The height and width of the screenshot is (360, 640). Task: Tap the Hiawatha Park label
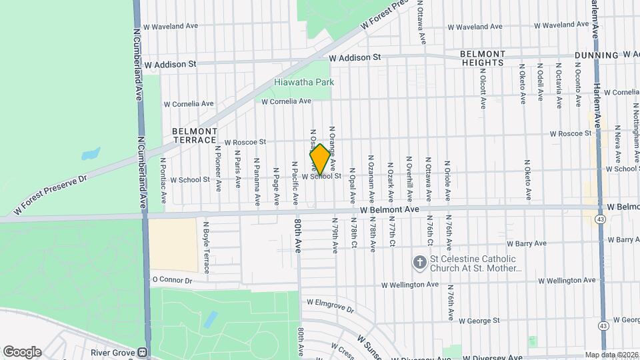(304, 82)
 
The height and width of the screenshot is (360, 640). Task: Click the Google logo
(22, 352)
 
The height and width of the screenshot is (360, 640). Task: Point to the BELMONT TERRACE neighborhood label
(195, 135)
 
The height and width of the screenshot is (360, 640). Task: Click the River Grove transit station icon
(143, 352)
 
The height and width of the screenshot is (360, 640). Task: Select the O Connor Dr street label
(172, 280)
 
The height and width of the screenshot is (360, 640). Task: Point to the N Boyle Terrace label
(206, 247)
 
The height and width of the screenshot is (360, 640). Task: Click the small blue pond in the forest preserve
(90, 154)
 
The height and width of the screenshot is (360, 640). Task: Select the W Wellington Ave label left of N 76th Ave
(410, 285)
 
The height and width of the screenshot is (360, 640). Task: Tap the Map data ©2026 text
(611, 355)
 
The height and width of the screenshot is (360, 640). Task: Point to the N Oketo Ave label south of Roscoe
(528, 179)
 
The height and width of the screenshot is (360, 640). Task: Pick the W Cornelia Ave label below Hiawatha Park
(286, 101)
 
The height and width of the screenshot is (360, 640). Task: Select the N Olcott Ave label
(483, 87)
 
